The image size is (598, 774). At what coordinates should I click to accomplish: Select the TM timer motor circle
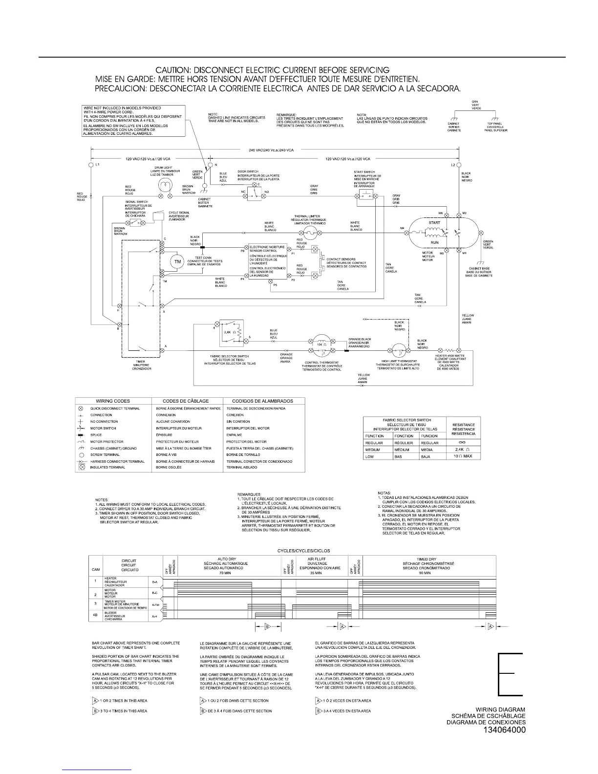[178, 262]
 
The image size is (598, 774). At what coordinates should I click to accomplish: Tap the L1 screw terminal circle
[91, 165]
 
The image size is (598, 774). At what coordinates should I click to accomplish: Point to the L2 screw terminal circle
[458, 165]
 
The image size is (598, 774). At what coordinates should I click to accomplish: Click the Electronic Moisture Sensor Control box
[267, 262]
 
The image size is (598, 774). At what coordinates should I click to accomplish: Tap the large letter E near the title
[510, 674]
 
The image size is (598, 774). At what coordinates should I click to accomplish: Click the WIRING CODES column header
[112, 401]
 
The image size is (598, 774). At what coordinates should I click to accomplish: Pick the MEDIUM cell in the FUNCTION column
[373, 449]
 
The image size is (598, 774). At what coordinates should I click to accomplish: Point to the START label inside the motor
[434, 223]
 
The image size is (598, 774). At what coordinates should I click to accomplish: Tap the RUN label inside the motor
[434, 242]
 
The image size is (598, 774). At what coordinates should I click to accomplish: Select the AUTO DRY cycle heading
[223, 559]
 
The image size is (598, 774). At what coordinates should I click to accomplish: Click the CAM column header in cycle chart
[96, 569]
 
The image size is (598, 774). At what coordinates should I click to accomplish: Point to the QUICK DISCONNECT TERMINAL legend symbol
[81, 408]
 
